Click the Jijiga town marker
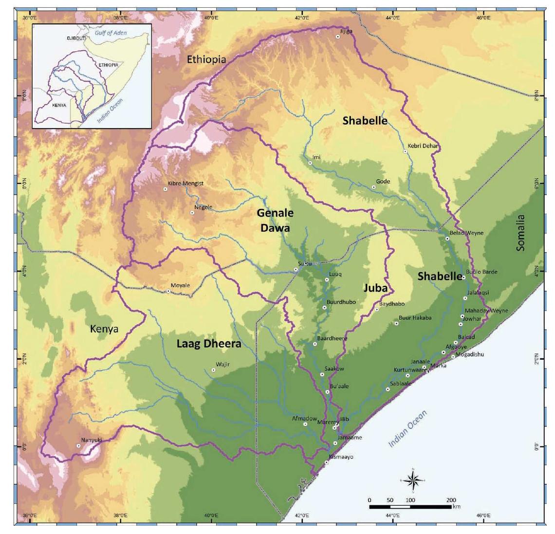click(337, 37)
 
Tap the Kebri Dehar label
click(423, 146)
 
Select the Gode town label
click(383, 182)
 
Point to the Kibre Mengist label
click(185, 184)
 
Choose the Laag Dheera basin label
click(208, 344)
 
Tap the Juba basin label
click(375, 288)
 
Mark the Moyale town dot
click(168, 291)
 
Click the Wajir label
click(222, 364)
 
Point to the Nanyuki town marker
click(78, 445)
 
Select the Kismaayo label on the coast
click(341, 457)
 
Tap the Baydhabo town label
click(392, 304)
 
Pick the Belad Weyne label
click(466, 233)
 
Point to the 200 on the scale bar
click(451, 500)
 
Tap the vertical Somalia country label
click(521, 233)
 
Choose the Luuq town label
click(335, 274)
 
